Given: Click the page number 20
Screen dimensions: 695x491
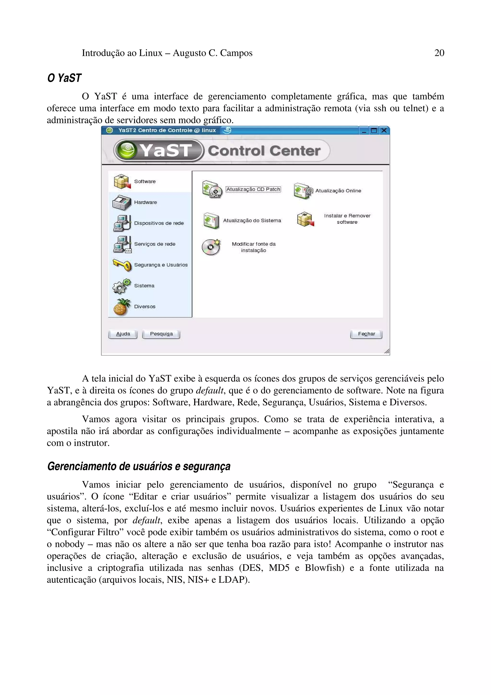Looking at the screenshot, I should (x=439, y=53).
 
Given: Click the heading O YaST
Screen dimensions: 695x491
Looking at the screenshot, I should (x=64, y=78).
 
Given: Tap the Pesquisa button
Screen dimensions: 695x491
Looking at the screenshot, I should (x=161, y=334).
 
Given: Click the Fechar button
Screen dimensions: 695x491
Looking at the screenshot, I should (x=366, y=334).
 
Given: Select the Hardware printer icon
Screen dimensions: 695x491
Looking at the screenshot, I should (x=121, y=202).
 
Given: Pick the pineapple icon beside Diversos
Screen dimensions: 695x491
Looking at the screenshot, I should (x=121, y=307).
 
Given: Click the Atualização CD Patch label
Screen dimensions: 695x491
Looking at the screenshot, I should (x=253, y=189).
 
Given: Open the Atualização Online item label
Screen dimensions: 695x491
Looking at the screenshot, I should (x=338, y=191).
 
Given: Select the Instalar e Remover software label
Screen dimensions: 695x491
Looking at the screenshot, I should (x=347, y=219).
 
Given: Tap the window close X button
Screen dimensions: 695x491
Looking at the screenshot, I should (x=384, y=130).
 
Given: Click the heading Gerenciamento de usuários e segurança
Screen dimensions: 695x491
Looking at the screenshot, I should (x=139, y=466).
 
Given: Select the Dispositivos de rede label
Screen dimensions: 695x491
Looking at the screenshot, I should (x=159, y=223).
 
